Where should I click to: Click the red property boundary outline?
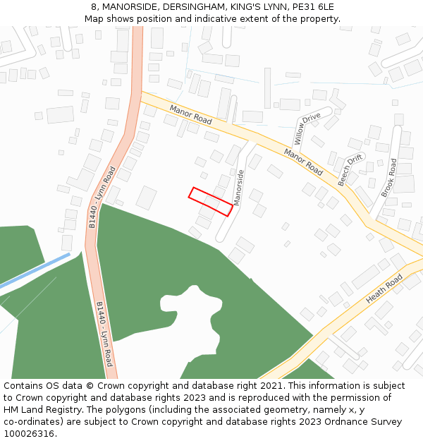(x=211, y=201)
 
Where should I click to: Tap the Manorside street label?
(x=238, y=187)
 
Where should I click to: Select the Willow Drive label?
(x=307, y=128)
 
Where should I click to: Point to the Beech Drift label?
(x=350, y=170)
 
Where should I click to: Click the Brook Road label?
(x=389, y=178)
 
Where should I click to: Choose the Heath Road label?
(x=384, y=290)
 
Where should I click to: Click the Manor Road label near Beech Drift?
(x=304, y=162)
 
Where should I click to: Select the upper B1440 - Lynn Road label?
(x=102, y=197)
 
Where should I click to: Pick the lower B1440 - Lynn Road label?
(x=104, y=333)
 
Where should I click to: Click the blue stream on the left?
(x=35, y=270)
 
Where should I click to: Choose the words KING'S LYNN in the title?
(x=260, y=7)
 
